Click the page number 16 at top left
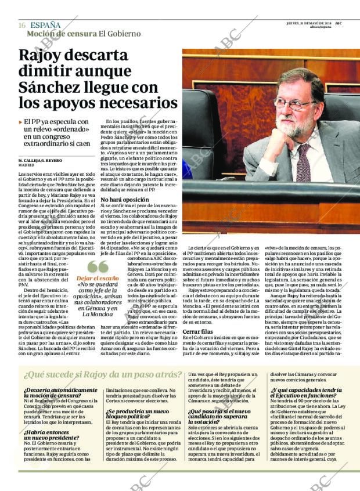(x=21, y=25)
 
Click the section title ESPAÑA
(x=45, y=25)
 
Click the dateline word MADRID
(x=27, y=165)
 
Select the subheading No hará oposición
(x=125, y=199)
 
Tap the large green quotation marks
(x=98, y=266)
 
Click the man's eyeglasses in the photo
(x=294, y=105)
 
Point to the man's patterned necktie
(x=303, y=163)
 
